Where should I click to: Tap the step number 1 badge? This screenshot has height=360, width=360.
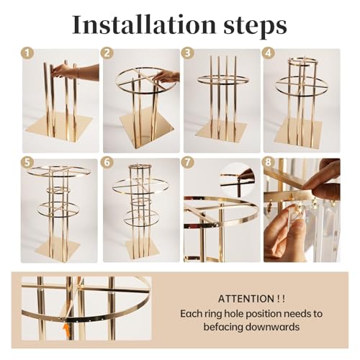pyautogui.click(x=28, y=53)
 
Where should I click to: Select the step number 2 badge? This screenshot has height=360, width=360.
pyautogui.click(x=108, y=53)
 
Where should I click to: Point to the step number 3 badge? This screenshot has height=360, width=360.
pyautogui.click(x=188, y=53)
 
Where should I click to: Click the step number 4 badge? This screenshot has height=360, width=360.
pyautogui.click(x=268, y=53)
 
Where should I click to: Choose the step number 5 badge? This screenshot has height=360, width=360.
pyautogui.click(x=28, y=163)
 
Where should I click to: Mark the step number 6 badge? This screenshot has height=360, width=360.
pyautogui.click(x=108, y=163)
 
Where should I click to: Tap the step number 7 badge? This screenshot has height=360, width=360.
pyautogui.click(x=188, y=163)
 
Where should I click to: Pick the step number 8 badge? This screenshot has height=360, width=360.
pyautogui.click(x=268, y=163)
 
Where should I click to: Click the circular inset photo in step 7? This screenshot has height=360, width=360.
pyautogui.click(x=238, y=177)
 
